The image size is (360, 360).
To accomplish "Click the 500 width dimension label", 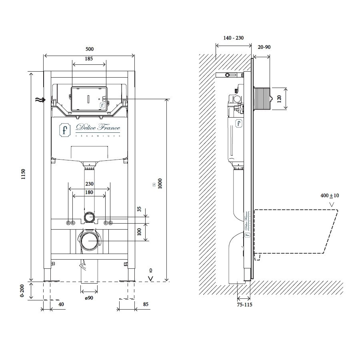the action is pyautogui.click(x=90, y=49).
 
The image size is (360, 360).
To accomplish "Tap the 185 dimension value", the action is pyautogui.click(x=89, y=59).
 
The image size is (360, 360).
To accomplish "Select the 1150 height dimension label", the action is pyautogui.click(x=23, y=174).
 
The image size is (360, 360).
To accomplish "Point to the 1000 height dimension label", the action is pyautogui.click(x=160, y=184).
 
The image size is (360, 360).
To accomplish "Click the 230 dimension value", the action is pyautogui.click(x=89, y=184).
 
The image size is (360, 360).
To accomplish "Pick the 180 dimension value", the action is pyautogui.click(x=89, y=192).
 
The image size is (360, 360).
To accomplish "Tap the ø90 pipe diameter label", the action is pyautogui.click(x=89, y=298).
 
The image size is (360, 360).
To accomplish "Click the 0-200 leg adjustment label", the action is pyautogui.click(x=22, y=291).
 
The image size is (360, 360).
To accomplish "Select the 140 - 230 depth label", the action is pyautogui.click(x=234, y=38).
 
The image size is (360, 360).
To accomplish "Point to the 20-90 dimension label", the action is pyautogui.click(x=264, y=47).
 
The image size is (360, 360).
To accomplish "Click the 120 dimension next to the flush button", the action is pyautogui.click(x=279, y=99).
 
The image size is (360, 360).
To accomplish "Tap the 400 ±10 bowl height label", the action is pyautogui.click(x=330, y=196).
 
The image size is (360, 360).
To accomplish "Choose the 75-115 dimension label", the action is pyautogui.click(x=244, y=305).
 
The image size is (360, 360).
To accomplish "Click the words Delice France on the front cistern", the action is pyautogui.click(x=98, y=127).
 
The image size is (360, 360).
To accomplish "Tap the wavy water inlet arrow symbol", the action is pyautogui.click(x=40, y=100).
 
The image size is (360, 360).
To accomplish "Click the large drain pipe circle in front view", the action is pyautogui.click(x=88, y=241).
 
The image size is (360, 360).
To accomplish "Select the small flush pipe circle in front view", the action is pyautogui.click(x=89, y=217).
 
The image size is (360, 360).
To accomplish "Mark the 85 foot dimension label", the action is pyautogui.click(x=146, y=304).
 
